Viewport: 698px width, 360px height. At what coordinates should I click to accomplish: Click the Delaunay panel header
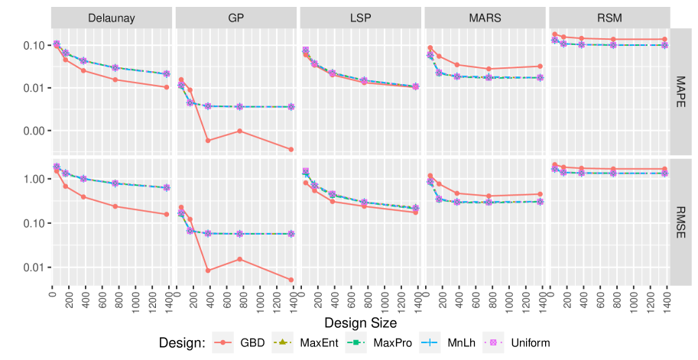(x=112, y=18)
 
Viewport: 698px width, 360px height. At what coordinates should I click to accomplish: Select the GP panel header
(x=236, y=18)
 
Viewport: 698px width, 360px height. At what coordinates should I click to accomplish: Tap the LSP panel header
(x=361, y=18)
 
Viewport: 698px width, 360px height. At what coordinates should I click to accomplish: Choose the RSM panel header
(x=609, y=18)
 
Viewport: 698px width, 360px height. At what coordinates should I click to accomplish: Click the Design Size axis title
(x=361, y=323)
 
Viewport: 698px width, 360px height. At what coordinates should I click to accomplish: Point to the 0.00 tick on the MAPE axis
(x=35, y=131)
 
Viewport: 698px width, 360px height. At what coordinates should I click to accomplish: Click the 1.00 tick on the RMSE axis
(x=35, y=180)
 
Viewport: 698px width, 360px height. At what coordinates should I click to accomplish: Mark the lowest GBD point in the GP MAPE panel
(x=291, y=149)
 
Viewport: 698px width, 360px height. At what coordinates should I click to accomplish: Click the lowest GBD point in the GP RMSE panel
(x=291, y=280)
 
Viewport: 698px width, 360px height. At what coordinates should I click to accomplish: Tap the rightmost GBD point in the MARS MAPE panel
(x=540, y=66)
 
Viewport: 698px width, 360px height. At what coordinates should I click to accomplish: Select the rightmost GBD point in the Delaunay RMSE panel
(x=167, y=214)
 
